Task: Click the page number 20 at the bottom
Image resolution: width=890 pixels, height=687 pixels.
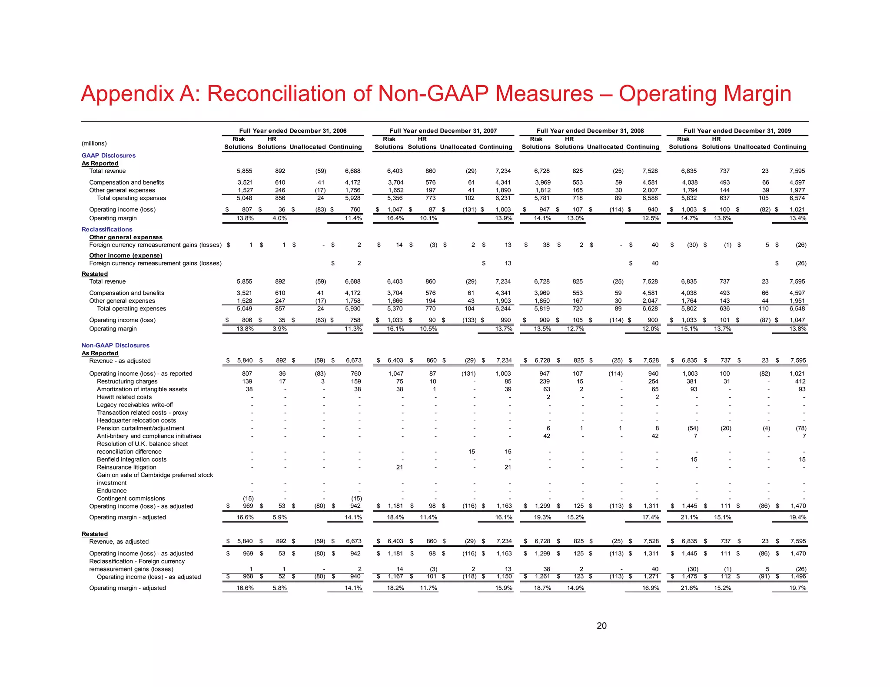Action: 601,626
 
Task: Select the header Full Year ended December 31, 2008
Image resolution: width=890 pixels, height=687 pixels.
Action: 590,131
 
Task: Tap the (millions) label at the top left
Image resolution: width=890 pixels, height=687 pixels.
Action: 94,143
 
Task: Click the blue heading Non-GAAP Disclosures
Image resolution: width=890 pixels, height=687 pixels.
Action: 116,345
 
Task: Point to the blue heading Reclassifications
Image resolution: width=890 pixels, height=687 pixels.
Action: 107,229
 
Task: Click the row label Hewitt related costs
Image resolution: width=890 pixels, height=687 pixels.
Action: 124,397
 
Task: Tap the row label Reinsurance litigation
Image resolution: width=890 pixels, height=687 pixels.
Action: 126,467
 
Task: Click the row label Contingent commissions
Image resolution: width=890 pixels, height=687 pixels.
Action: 131,499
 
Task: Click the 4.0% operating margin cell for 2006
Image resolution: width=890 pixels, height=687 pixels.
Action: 279,218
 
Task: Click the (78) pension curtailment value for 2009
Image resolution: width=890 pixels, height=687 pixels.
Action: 801,428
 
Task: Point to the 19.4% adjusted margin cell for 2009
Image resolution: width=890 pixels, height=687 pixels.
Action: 798,517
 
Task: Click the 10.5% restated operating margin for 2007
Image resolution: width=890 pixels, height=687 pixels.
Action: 428,329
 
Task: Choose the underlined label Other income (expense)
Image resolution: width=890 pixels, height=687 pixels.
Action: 126,255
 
